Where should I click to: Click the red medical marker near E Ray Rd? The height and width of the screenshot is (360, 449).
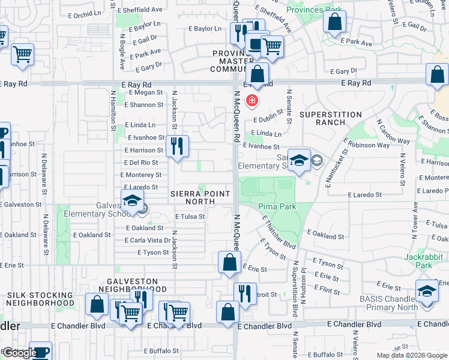point(252,100)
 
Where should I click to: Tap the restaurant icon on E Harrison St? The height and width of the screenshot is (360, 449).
point(177,146)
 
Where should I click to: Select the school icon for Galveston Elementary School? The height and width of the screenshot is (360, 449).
point(132,201)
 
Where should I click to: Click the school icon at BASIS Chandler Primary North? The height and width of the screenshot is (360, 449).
point(427,291)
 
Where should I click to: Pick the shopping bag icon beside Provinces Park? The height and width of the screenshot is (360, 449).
point(334,22)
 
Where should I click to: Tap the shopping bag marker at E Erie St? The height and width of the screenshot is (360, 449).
point(229,262)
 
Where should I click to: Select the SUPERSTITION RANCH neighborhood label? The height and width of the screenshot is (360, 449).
point(331,118)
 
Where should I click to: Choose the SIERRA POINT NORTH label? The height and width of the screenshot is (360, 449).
point(200,197)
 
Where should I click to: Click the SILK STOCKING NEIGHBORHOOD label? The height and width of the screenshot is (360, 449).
point(40,299)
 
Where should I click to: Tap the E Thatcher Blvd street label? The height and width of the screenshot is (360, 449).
point(279,235)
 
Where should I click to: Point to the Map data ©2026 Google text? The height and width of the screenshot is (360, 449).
point(411,355)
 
